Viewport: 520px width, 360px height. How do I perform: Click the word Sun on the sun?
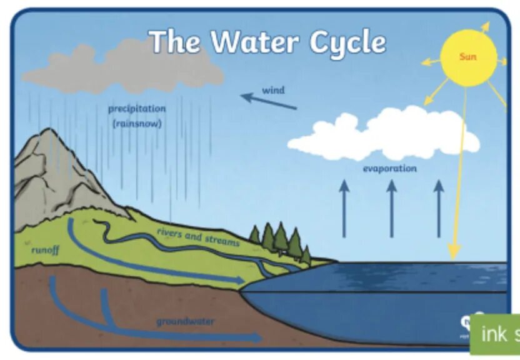[x=467, y=57]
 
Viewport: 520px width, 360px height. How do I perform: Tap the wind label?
[x=273, y=90]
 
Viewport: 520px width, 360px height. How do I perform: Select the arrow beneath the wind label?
[x=269, y=101]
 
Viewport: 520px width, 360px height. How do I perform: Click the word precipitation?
[x=137, y=109]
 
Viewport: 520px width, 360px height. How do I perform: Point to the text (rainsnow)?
[x=137, y=124]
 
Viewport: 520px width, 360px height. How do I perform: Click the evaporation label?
[x=389, y=169]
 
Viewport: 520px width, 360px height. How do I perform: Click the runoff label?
[x=45, y=250]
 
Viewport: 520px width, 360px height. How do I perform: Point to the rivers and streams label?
[x=197, y=237]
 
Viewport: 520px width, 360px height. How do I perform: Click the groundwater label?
[x=185, y=322]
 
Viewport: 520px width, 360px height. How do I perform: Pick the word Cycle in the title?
[x=347, y=42]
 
